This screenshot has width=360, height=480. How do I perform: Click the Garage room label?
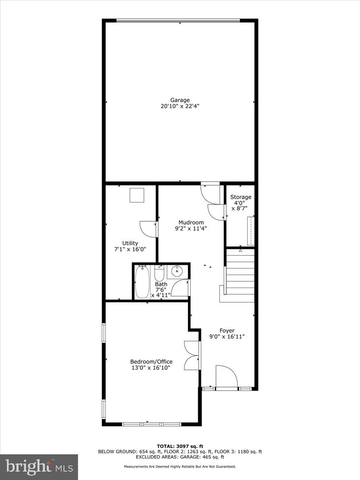pyautogui.click(x=180, y=100)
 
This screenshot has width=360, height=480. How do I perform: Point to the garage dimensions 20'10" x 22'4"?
pyautogui.click(x=180, y=107)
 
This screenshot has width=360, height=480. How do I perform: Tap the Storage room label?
pyautogui.click(x=240, y=197)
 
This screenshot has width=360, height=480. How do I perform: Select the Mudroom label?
pyautogui.click(x=191, y=223)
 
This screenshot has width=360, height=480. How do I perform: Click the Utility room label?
pyautogui.click(x=130, y=243)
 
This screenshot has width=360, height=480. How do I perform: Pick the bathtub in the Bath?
pyautogui.click(x=142, y=282)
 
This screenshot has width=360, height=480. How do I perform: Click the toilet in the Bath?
pyautogui.click(x=159, y=272)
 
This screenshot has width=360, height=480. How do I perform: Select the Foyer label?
pyautogui.click(x=227, y=331)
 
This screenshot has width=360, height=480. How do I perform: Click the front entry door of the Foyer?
pyautogui.click(x=227, y=376)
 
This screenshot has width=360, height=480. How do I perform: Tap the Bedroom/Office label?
pyautogui.click(x=151, y=362)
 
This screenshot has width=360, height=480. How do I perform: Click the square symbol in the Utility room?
pyautogui.click(x=137, y=196)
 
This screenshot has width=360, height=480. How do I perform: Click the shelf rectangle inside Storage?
pyautogui.click(x=251, y=231)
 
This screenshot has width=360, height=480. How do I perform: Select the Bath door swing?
pyautogui.click(x=180, y=288)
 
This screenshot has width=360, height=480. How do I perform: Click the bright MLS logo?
pyautogui.click(x=39, y=467)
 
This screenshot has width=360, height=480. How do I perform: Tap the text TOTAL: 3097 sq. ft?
pyautogui.click(x=180, y=446)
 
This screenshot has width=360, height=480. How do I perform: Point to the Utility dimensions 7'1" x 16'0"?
pyautogui.click(x=130, y=250)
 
